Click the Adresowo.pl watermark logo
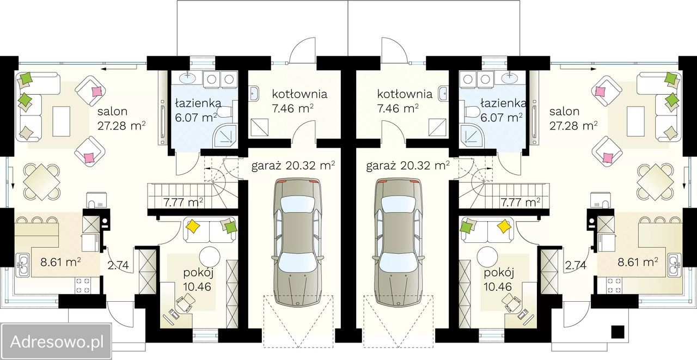[x=56, y=341]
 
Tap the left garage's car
[x=297, y=242]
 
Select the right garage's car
[x=400, y=242]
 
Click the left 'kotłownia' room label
[x=299, y=94]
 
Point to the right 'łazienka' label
[x=503, y=103]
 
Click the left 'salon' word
[x=112, y=111]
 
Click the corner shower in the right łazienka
[x=469, y=136]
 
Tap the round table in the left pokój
[x=210, y=257]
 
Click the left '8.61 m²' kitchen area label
[x=61, y=261]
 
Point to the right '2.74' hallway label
[x=576, y=265]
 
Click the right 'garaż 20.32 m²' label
[x=408, y=166]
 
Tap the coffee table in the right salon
[x=633, y=121]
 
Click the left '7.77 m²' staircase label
[x=184, y=203]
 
